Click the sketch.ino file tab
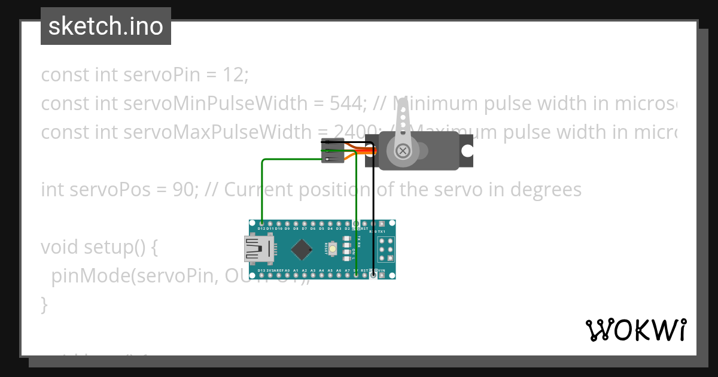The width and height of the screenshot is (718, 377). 106,26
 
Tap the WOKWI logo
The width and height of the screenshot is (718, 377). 635,330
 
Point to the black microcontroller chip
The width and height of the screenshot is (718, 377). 303,249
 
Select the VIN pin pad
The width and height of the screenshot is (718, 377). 381,275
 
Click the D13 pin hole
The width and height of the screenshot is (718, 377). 261,275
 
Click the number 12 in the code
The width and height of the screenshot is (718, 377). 235,75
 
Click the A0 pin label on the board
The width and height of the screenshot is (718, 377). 287,270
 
